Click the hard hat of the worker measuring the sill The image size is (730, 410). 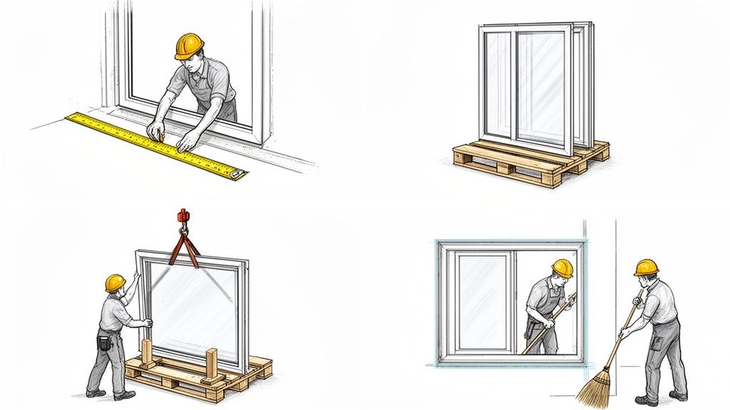(189, 46)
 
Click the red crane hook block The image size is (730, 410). (183, 216)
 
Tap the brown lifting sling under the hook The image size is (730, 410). (184, 250)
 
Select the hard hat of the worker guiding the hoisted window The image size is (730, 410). (115, 283)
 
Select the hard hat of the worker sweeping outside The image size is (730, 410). (646, 267)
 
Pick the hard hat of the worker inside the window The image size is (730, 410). (562, 268)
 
